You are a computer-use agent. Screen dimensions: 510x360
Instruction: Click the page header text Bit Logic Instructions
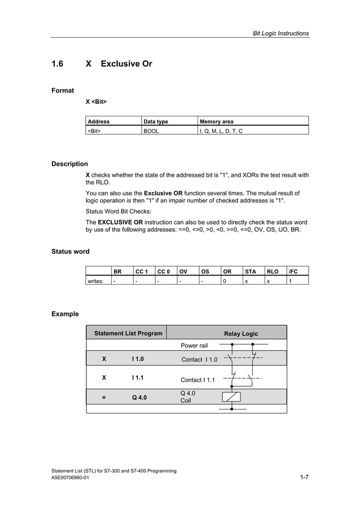coord(280,33)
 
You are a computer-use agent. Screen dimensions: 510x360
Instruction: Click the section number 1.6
coord(58,64)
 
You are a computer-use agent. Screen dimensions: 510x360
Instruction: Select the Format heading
coord(63,90)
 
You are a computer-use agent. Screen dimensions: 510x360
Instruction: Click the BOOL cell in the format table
coord(151,130)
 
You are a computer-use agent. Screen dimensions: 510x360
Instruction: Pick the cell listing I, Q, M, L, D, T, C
coord(221,130)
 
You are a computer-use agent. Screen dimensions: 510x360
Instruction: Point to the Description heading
coord(69,164)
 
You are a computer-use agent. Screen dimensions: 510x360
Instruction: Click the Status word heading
coord(71,251)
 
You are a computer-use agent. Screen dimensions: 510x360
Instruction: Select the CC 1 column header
coord(142,271)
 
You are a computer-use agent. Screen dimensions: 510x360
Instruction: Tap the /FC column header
coord(293,271)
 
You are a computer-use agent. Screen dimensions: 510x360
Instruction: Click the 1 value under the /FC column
coord(290,280)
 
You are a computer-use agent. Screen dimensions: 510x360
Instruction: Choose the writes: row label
coord(95,280)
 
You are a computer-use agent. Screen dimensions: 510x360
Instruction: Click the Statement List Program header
coord(128,333)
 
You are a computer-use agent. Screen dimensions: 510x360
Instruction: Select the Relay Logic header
coord(241,334)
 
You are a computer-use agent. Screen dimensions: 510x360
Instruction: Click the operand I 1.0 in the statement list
coord(138,359)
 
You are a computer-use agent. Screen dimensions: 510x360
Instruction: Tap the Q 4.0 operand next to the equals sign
coord(139,397)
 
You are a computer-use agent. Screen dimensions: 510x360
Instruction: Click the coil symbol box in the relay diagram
coord(232,396)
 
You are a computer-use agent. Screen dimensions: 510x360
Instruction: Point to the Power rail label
coord(194,346)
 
